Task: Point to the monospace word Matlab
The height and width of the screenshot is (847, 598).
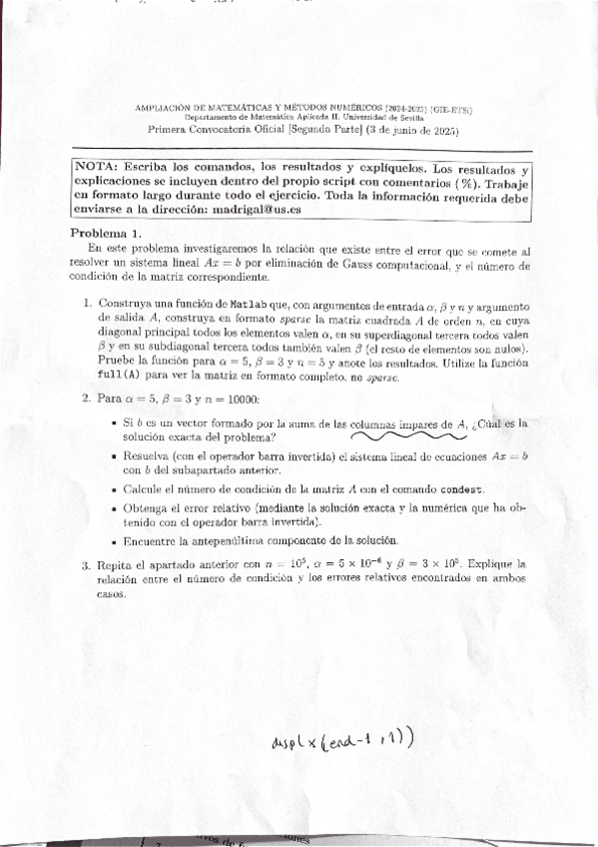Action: click(247, 303)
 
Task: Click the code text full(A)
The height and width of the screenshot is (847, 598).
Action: click(118, 372)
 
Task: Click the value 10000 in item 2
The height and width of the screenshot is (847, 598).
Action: click(238, 399)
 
